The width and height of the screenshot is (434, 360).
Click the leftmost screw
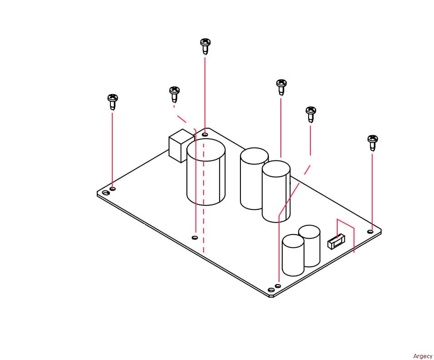[x=113, y=102]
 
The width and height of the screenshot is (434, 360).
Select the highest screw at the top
[x=205, y=46]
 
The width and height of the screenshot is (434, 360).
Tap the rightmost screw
[x=373, y=143]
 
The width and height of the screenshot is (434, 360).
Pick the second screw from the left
[x=175, y=94]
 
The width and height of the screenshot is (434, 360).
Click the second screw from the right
[x=311, y=114]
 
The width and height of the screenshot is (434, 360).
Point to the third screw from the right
[x=281, y=87]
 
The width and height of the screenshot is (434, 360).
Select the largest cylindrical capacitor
[x=206, y=172]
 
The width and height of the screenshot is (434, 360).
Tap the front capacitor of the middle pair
[x=276, y=191]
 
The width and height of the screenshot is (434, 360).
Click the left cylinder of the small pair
[x=293, y=255]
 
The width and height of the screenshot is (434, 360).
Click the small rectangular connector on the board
[x=336, y=241]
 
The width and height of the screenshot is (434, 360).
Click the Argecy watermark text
[x=423, y=356]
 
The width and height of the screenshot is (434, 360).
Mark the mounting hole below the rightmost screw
[x=370, y=231]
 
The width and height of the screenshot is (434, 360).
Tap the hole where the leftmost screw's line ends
[x=113, y=189]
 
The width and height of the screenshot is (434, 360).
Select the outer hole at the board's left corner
[x=105, y=193]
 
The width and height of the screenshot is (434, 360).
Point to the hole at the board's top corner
[x=205, y=135]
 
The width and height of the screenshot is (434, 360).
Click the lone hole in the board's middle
[x=195, y=238]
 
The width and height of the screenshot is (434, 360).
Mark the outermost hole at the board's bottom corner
[x=271, y=290]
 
